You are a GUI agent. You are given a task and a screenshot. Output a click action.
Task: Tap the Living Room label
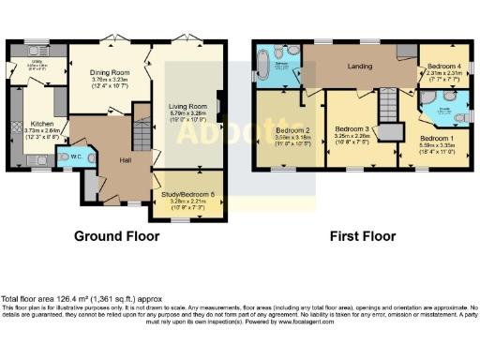click(190, 107)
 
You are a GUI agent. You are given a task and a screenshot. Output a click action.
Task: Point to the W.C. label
click(77, 157)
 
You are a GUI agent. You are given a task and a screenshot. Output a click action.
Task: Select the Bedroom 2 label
click(293, 130)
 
